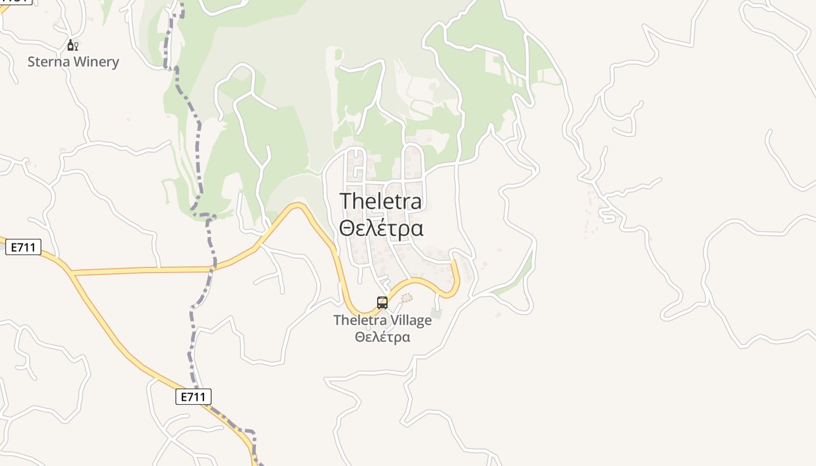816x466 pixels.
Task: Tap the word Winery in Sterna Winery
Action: coord(96,62)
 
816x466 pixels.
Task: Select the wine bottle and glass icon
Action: coord(72,45)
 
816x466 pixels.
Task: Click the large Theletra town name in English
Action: coord(381,202)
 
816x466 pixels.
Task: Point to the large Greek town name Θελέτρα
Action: coord(381,228)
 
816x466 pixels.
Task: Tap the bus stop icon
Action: coord(382,302)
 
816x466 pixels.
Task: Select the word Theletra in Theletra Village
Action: coord(360,320)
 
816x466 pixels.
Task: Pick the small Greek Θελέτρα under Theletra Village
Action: coord(382,337)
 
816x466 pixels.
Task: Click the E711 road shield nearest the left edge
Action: coord(23,248)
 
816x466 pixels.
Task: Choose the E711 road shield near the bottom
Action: coord(193,397)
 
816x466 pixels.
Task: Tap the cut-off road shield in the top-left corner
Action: coord(15,2)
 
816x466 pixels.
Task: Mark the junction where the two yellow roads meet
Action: coord(72,273)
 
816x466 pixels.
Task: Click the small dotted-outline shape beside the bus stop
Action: coord(407,298)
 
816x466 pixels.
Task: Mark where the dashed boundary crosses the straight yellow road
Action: coord(213,269)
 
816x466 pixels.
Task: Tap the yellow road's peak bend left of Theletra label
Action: coord(298,204)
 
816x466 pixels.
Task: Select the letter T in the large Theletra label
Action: coord(346,202)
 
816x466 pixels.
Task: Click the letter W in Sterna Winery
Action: coord(79,62)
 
